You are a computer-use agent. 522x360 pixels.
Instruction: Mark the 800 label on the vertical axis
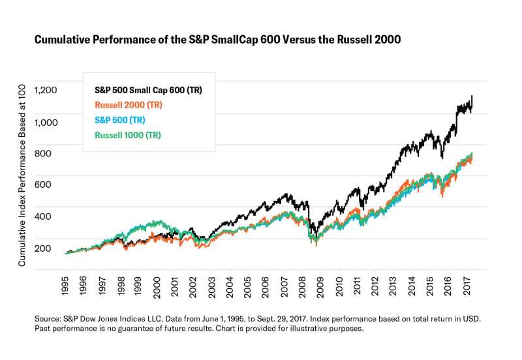click(x=50, y=153)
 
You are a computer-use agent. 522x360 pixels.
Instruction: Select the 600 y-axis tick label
click(x=50, y=185)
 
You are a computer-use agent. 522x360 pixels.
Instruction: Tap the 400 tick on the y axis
click(x=50, y=217)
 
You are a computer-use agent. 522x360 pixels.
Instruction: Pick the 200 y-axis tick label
click(x=50, y=248)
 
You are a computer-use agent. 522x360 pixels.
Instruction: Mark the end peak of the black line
click(x=471, y=97)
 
